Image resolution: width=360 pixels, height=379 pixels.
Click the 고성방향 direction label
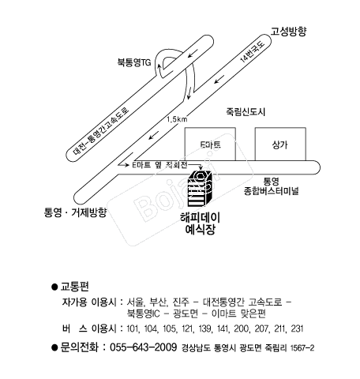288,32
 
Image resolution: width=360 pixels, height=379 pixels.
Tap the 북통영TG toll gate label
134,62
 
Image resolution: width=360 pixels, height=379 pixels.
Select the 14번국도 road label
252,51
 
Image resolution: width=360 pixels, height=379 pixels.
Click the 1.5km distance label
177,119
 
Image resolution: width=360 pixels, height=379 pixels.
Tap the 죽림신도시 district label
246,112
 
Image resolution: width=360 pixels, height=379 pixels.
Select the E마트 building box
210,144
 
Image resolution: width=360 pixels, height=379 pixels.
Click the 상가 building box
280,144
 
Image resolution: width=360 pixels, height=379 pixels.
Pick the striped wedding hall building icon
200,189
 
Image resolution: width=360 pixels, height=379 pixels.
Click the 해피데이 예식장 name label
200,223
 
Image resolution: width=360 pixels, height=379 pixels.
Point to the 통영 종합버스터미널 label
271,186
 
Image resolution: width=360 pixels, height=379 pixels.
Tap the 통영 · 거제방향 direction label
76,212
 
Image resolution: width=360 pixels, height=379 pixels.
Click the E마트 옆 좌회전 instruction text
159,165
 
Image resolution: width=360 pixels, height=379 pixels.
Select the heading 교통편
75,287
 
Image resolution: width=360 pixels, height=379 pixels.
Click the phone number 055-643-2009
143,347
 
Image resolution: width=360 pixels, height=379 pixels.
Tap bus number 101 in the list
132,328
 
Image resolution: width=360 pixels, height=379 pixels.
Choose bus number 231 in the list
297,328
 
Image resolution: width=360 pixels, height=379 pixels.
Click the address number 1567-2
302,348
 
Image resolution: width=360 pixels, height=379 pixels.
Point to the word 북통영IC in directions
143,313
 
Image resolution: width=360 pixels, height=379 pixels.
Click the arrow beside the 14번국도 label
219,79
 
